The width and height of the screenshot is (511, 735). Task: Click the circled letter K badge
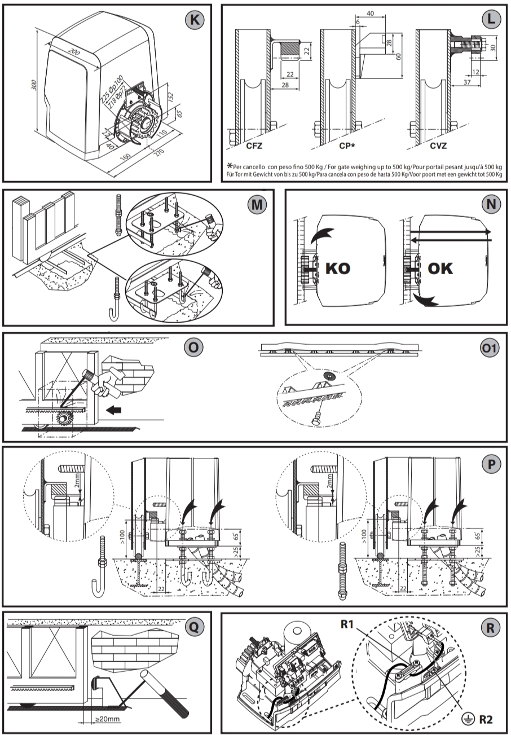[x=195, y=19]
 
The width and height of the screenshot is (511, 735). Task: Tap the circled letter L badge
[x=491, y=19]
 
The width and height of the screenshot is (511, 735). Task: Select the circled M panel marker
[x=257, y=205]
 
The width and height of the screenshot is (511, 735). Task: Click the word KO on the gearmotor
[x=338, y=268]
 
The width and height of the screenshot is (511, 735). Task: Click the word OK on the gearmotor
[x=440, y=268]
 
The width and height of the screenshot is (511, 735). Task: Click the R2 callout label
[x=485, y=719]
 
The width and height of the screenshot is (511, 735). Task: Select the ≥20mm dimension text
[x=108, y=719]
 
